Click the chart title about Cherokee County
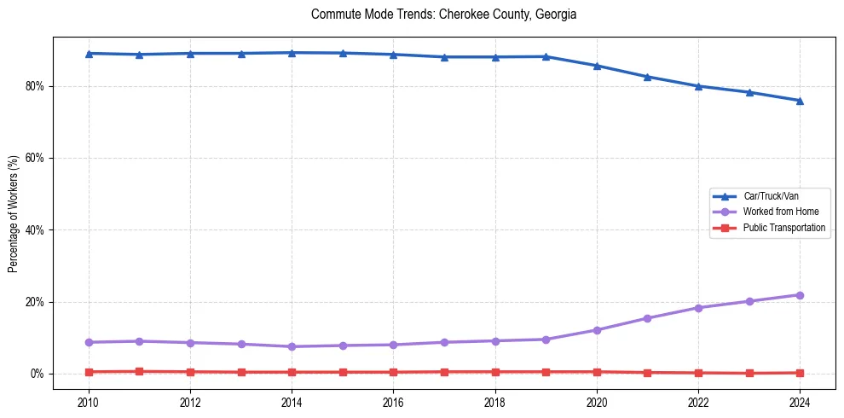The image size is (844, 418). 443,15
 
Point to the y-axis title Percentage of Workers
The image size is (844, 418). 13,213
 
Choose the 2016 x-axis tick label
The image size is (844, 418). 393,401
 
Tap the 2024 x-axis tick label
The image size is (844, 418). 800,401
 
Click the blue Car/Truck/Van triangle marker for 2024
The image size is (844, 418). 800,101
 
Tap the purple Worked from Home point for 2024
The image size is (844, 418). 800,295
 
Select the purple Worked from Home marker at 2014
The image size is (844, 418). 292,346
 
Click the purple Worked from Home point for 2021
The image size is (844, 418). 647,318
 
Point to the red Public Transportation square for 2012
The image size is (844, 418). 190,372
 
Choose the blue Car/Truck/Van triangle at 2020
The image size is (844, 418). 597,66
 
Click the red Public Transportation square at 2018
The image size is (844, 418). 495,372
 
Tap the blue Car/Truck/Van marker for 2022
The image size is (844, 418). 698,86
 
